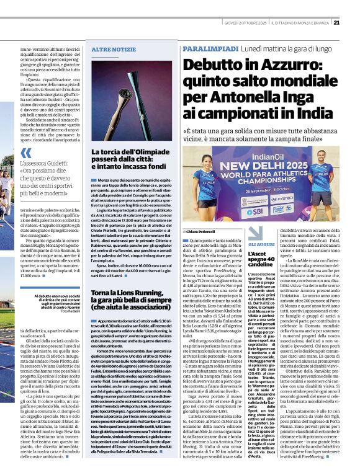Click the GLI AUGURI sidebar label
(261, 246)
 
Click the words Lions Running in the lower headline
(137, 293)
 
